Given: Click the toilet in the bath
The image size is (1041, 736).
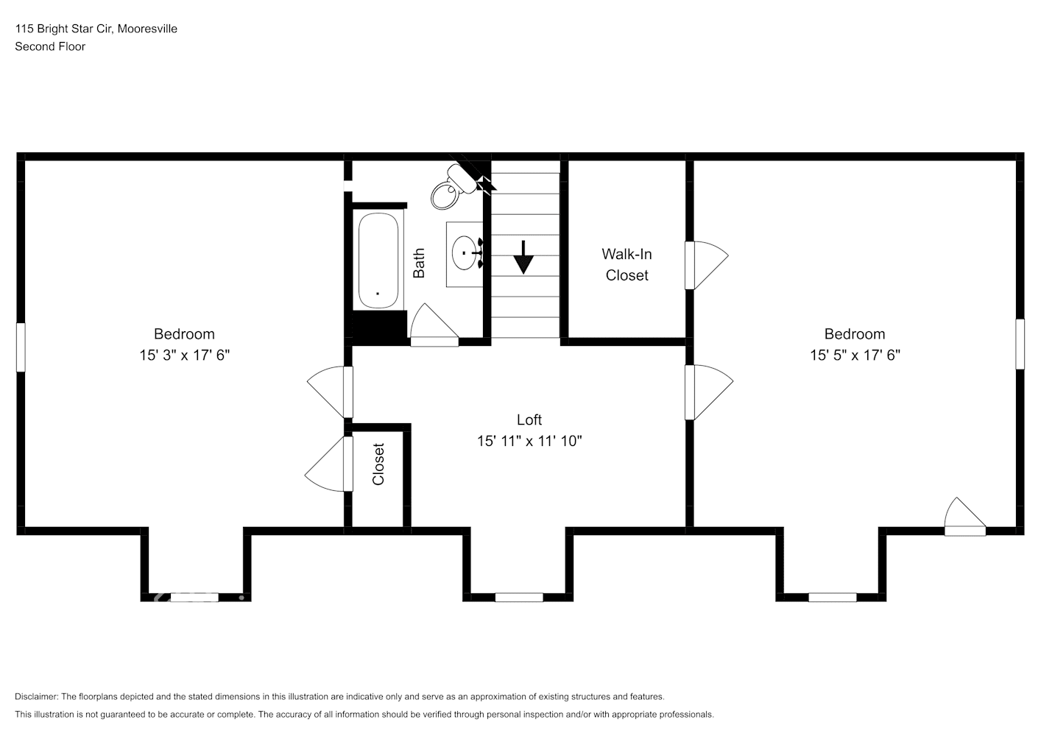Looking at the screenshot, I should coord(448,190).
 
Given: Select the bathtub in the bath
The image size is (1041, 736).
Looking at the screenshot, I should coord(378,261).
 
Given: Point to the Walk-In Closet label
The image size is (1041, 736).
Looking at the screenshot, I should coord(627,264).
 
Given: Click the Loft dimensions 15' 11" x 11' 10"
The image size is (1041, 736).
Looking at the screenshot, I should coord(529,441).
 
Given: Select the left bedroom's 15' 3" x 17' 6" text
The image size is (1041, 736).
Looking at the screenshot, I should coord(185,355).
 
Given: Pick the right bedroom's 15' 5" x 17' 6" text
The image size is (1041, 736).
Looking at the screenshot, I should coord(855,355).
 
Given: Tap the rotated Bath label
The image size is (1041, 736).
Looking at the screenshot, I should coord(419,263).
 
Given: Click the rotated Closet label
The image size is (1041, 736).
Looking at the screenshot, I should coord(378,464).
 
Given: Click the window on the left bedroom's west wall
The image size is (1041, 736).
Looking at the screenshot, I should coord(21,347).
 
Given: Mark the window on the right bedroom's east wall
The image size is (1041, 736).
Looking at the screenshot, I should coord(1020,344).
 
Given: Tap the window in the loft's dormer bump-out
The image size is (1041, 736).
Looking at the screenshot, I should coord(519,597).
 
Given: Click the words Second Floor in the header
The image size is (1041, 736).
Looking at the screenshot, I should coord(50,46).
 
